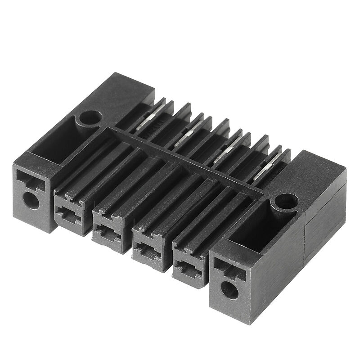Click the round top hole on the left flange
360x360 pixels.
coord(89,117)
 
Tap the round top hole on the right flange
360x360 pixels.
coord(286,201)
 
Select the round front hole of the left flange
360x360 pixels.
coord(31,199)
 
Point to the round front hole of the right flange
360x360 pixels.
coord(230,291)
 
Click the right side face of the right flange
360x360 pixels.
coord(325,225)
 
